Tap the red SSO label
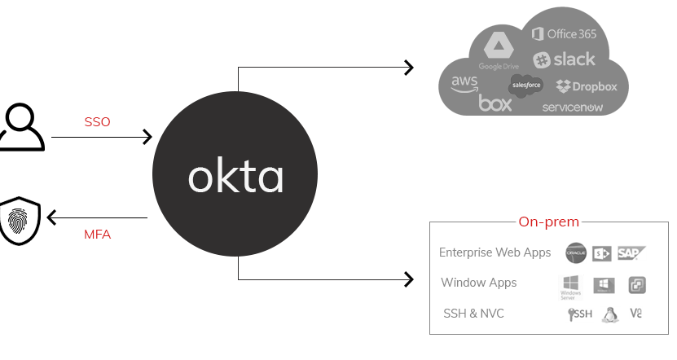[98, 122]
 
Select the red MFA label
[97, 235]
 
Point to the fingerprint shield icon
[20, 219]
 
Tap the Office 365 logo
[565, 33]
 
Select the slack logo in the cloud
[565, 59]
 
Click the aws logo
[464, 85]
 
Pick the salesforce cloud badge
[526, 85]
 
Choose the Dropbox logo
[587, 86]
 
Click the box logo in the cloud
[495, 103]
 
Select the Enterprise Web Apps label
[495, 252]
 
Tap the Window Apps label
[479, 283]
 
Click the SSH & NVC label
[473, 313]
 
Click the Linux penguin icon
[609, 314]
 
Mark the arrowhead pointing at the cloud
[410, 68]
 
